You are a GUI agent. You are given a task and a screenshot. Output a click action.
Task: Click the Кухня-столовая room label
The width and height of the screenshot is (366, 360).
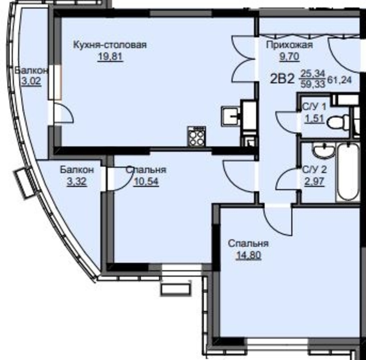[x=110, y=45]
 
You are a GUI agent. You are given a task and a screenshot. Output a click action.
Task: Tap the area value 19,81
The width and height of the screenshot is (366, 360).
[x=110, y=57]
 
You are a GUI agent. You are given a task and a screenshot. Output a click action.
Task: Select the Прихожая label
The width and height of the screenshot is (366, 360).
[x=289, y=45]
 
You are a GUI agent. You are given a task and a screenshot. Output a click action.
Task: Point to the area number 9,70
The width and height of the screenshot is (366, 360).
[x=289, y=57]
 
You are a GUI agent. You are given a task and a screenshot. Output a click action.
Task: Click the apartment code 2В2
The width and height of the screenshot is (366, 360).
[x=282, y=79]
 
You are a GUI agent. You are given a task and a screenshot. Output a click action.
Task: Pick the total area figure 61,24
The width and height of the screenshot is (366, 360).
[x=339, y=80]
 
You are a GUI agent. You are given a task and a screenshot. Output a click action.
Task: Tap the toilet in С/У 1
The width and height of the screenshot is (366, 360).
[x=338, y=122]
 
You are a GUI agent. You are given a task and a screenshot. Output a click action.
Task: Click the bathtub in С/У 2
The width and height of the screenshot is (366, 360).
[x=348, y=172]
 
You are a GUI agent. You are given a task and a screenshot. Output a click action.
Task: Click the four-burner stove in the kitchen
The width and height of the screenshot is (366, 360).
[x=196, y=136]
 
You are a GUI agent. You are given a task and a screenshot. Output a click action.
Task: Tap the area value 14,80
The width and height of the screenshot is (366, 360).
[x=248, y=256]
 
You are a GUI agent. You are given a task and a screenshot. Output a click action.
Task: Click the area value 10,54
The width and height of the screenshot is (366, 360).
[x=146, y=181]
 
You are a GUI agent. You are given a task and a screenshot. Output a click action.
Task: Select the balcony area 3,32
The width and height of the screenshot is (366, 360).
[x=77, y=181]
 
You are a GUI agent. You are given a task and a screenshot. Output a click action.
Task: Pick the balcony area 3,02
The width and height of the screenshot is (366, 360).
[x=31, y=81]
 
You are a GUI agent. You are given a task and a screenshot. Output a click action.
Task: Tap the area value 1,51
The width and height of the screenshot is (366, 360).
[x=315, y=118]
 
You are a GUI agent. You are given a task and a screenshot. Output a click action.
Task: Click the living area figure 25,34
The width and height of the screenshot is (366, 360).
[x=312, y=74]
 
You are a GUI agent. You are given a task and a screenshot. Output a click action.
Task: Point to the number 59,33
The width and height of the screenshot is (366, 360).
[x=312, y=84]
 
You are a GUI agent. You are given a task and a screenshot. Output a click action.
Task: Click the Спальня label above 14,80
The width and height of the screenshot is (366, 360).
[x=248, y=244]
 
